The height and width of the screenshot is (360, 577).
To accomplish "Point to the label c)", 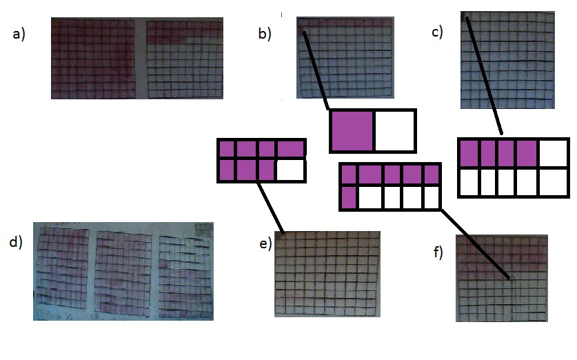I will (437, 32).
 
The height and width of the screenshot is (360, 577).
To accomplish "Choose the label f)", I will (438, 252).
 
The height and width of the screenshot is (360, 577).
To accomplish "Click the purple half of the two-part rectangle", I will (352, 130).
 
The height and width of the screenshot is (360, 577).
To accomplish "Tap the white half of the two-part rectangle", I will (394, 130).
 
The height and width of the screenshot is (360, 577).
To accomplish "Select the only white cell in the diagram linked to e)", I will (290, 170).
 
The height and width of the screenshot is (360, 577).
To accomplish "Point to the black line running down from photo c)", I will (484, 76).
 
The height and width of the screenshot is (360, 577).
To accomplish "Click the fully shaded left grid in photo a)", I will (94, 58).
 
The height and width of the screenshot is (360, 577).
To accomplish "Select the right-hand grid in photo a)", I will (185, 59).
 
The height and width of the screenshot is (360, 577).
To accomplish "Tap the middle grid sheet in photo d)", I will (123, 271).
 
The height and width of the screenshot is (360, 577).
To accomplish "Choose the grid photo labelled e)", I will (327, 273).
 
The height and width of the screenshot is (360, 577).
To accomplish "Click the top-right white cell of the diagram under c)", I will (554, 153).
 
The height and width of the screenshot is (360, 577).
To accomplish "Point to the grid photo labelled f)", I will (502, 278).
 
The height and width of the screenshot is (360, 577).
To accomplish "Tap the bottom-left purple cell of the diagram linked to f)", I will (349, 198).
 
